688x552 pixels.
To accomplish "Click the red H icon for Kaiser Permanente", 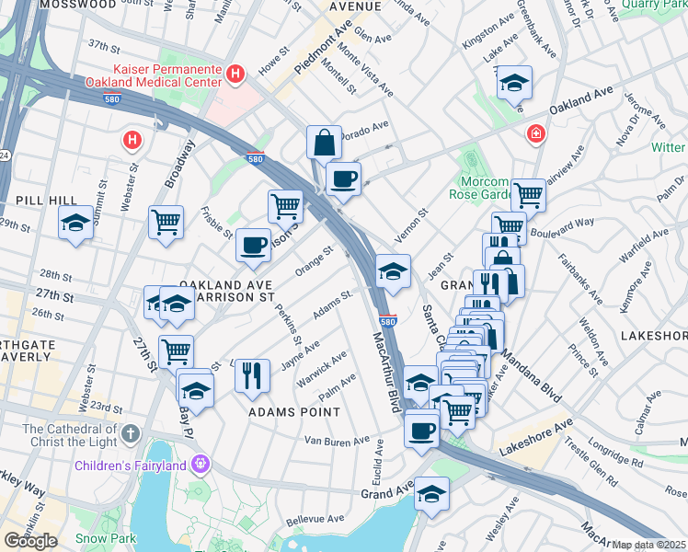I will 236,73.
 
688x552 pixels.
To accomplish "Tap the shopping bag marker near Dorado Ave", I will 324,143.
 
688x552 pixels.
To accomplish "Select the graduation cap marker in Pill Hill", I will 75,223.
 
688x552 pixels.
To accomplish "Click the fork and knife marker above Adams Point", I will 251,375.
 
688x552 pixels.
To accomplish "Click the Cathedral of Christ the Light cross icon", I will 131,431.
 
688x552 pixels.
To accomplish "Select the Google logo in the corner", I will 30,540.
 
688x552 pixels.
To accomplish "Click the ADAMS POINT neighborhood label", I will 293,413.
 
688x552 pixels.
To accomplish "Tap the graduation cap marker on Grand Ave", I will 430,494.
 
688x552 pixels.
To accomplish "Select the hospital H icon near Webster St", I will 132,141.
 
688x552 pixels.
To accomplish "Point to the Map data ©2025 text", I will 649,545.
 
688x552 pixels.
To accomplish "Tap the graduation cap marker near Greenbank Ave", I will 513,83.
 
